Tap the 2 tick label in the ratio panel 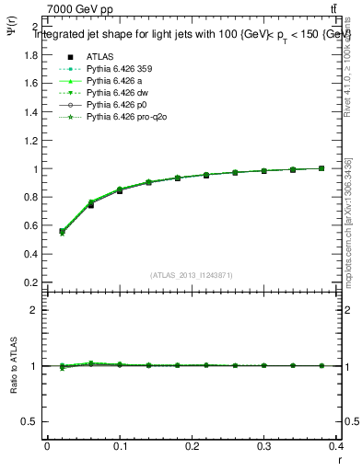pos(34,310)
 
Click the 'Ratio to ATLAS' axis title pos(12,365)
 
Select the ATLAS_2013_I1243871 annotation pos(192,275)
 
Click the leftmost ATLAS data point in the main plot pos(63,232)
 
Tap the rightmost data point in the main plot pos(321,168)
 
